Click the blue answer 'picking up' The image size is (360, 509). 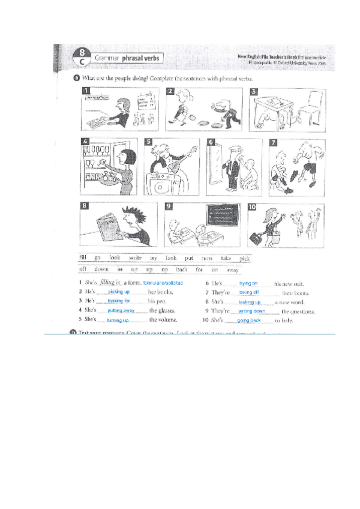pos(119,291)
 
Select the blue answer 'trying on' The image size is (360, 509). pos(248,283)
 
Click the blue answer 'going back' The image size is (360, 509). pos(248,321)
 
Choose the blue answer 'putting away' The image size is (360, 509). pos(121,311)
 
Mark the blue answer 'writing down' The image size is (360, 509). pos(251,311)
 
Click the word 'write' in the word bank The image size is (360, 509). pos(135,258)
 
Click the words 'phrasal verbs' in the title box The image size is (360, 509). pos(142,59)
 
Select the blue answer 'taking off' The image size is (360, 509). pos(248,292)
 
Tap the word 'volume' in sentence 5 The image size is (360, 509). pos(167,320)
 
